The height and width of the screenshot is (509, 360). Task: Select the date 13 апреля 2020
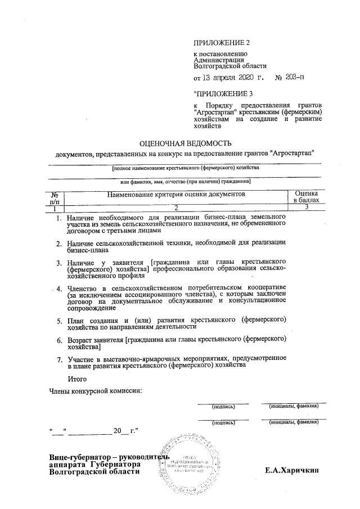(228, 78)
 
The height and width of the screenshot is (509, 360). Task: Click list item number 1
(58, 217)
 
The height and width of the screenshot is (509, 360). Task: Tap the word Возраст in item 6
(82, 340)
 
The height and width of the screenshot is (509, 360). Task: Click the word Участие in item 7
(82, 358)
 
